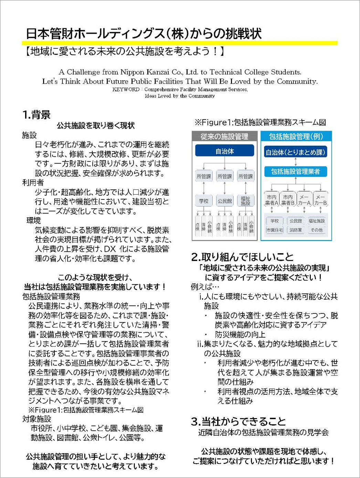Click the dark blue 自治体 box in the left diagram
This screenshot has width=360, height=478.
point(224,151)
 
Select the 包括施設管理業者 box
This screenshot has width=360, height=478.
point(295,172)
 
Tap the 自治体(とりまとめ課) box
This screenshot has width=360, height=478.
point(295,152)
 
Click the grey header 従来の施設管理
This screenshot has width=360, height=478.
point(224,137)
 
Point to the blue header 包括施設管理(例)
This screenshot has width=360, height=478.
point(296,137)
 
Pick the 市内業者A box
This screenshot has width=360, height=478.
point(272,200)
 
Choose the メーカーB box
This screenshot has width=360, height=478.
point(320,200)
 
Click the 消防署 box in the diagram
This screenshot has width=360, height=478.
point(295,230)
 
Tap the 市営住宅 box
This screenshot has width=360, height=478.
point(274,230)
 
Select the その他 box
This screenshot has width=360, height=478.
point(316,230)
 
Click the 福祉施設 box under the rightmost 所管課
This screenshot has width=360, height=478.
point(245,201)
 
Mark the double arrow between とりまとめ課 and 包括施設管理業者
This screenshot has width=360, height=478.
point(295,162)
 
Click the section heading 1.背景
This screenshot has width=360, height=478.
point(36,115)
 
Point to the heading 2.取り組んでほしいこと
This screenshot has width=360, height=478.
point(242,257)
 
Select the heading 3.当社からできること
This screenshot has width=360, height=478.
point(239,421)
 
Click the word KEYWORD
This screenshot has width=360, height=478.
point(126,90)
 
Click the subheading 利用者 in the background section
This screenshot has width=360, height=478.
point(33,183)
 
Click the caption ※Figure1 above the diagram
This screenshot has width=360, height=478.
point(260,122)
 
